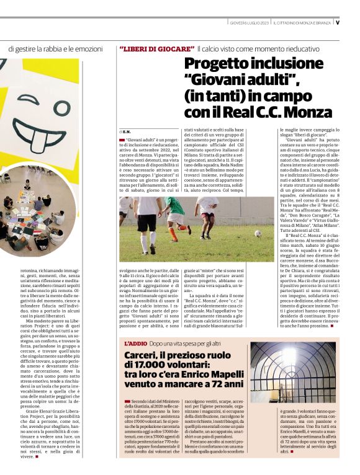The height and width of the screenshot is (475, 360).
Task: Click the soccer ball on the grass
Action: [258, 234]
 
